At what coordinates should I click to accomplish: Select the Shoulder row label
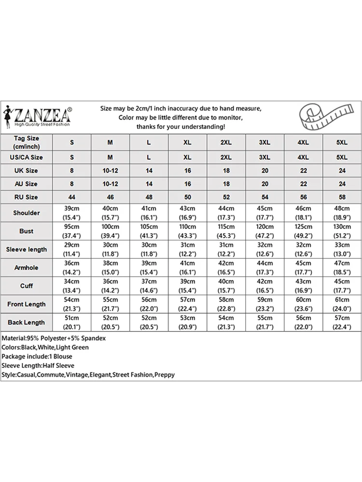click(27, 213)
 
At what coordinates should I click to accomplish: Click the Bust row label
click(27, 231)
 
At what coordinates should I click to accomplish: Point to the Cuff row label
click(27, 286)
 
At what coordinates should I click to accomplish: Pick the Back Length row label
click(27, 322)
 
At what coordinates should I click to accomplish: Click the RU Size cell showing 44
click(72, 197)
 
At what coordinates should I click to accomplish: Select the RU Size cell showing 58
click(342, 197)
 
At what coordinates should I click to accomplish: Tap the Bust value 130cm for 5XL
click(342, 227)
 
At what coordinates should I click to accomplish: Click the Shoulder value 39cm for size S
click(72, 208)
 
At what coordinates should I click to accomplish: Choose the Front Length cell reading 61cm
click(342, 299)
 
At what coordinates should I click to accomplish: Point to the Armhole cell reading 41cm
click(187, 263)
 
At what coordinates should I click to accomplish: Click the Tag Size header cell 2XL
click(226, 143)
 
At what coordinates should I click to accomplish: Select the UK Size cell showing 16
click(187, 171)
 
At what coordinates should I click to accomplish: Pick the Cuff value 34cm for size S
click(72, 281)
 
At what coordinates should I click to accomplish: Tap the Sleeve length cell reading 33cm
click(342, 245)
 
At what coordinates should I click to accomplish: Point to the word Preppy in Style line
click(165, 375)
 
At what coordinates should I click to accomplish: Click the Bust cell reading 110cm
click(187, 227)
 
